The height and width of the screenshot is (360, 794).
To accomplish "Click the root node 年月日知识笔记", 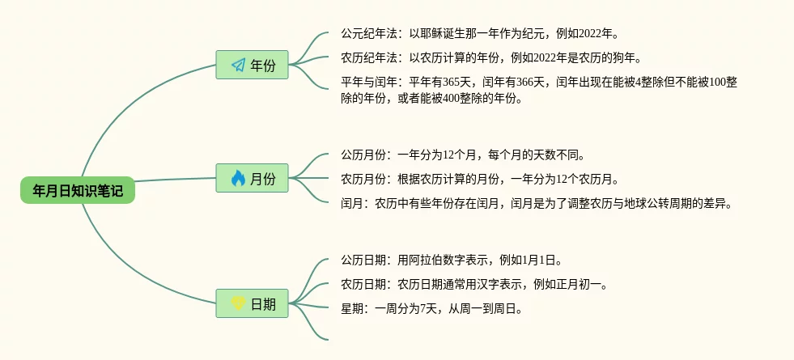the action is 78,190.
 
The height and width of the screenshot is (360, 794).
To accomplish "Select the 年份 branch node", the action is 253,66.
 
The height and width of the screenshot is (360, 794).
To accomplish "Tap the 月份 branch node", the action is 253,178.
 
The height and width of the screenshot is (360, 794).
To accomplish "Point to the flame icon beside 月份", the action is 238,178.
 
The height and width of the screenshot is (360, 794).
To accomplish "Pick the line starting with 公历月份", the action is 462,155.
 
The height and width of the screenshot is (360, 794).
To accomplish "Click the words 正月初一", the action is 580,284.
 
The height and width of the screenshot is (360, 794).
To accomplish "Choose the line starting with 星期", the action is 431,308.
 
